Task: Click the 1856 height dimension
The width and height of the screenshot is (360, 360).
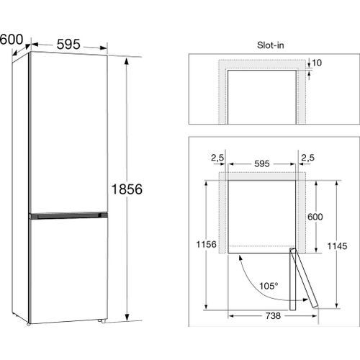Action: pyautogui.click(x=127, y=189)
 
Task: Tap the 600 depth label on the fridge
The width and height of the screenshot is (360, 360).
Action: pyautogui.click(x=12, y=40)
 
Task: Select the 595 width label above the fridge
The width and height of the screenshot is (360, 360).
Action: pyautogui.click(x=68, y=44)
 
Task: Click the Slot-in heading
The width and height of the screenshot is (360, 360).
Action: pyautogui.click(x=271, y=45)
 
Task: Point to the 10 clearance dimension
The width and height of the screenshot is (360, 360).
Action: pyautogui.click(x=317, y=63)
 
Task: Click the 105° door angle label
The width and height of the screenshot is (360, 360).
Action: pyautogui.click(x=269, y=286)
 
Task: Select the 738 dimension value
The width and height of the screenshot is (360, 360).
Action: pyautogui.click(x=273, y=316)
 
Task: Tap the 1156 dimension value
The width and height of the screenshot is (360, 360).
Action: pyautogui.click(x=207, y=244)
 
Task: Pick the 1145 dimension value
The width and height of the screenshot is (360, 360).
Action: pyautogui.click(x=337, y=246)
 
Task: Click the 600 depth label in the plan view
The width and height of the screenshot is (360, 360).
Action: pyautogui.click(x=315, y=217)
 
